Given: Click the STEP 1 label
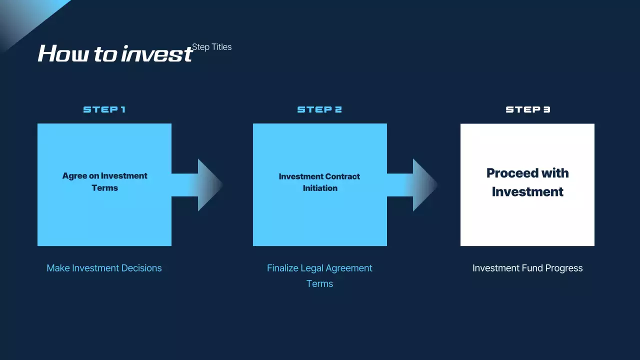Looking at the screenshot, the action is (x=104, y=109).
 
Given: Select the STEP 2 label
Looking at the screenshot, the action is (x=319, y=109).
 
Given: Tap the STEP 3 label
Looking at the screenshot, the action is (x=527, y=109).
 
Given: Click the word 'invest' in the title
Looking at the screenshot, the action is (x=157, y=53).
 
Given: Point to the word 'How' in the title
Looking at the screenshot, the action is (x=63, y=53).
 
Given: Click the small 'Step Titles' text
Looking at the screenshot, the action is (x=211, y=47).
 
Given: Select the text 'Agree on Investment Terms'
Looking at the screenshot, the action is (x=105, y=181).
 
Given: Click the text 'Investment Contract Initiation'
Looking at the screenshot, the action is (x=319, y=182).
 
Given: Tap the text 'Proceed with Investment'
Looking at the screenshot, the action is (x=527, y=182).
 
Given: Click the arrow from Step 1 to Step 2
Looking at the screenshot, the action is (x=197, y=185).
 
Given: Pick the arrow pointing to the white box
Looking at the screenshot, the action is (x=412, y=185).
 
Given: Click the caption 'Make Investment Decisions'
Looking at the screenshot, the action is (x=104, y=268).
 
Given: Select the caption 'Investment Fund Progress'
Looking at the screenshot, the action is (x=527, y=268).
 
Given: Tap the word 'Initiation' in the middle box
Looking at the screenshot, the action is (x=320, y=188).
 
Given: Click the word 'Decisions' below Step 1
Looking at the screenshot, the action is (x=141, y=268).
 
